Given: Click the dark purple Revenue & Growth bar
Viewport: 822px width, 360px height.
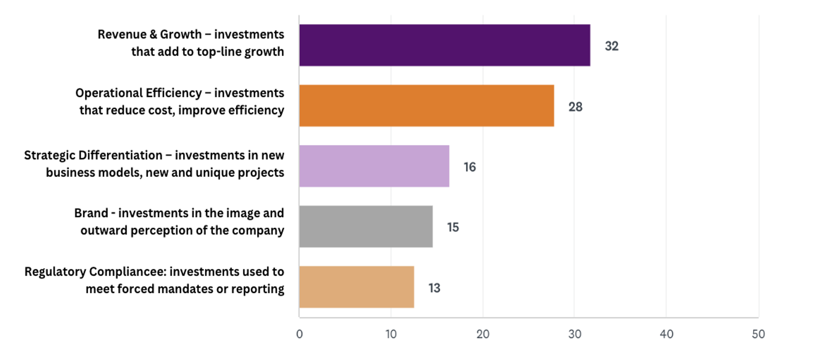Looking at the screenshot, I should click(x=445, y=45).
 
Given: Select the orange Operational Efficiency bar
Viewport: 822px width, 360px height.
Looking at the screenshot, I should click(x=426, y=106).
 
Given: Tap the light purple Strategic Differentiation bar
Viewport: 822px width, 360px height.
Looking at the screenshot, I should click(x=374, y=166).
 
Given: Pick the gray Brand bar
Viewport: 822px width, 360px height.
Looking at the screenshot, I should click(x=366, y=226).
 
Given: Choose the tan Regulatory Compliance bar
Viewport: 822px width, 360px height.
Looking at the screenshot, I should click(x=356, y=287).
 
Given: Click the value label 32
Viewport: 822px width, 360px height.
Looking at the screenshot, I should click(x=611, y=46).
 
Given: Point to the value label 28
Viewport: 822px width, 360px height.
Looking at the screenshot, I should click(x=575, y=107).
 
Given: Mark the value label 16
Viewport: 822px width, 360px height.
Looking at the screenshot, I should click(x=469, y=167).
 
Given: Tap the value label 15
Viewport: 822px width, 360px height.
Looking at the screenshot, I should click(x=453, y=227).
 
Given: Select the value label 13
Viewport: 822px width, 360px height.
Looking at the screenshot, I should click(x=434, y=288).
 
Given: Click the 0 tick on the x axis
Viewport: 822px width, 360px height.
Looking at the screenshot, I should click(x=299, y=334).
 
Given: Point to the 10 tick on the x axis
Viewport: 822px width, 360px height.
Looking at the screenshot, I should click(x=391, y=334).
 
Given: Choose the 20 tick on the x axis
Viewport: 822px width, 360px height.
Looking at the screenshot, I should click(x=483, y=334).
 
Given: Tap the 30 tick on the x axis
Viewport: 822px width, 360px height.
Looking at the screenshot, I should click(x=574, y=334).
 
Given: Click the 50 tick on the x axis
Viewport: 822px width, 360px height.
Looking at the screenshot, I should click(x=758, y=334).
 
